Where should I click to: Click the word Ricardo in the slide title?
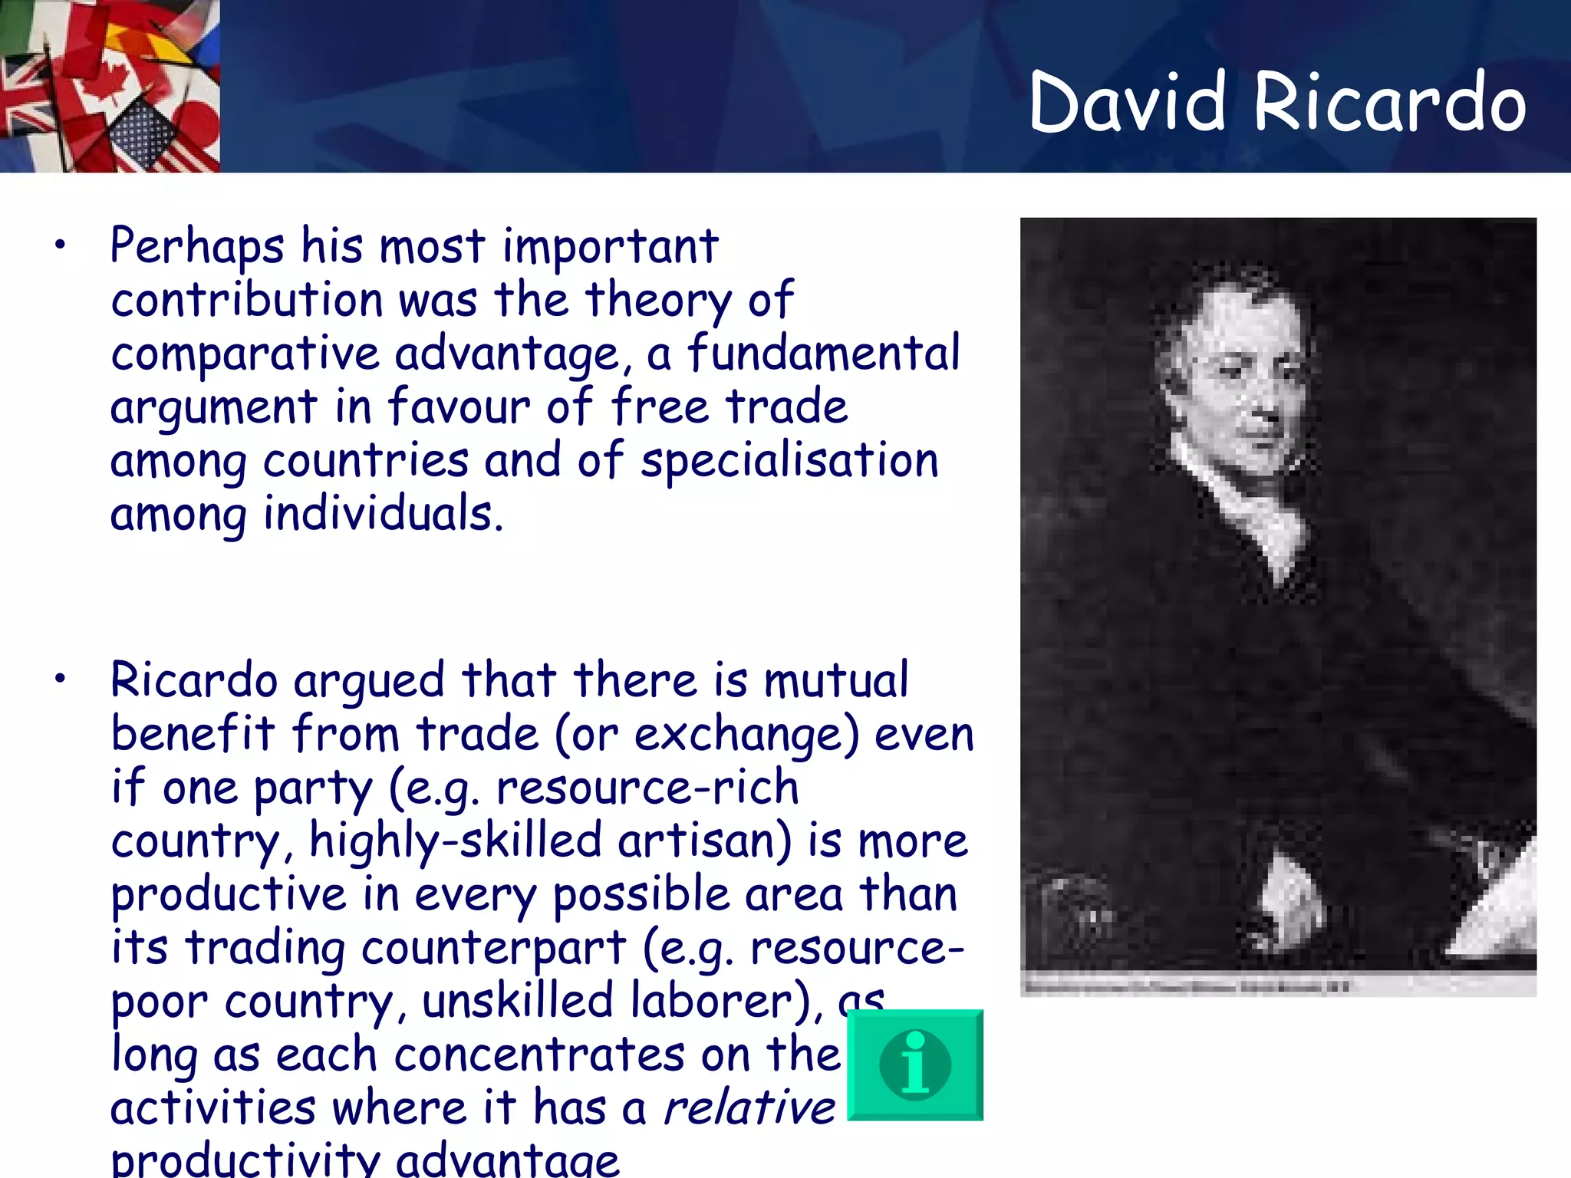(1389, 103)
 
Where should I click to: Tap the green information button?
(915, 1065)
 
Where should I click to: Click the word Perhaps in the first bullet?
(197, 247)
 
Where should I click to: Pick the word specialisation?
(789, 462)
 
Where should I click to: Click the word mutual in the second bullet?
(836, 680)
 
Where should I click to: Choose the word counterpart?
(493, 949)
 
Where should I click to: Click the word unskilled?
(519, 1002)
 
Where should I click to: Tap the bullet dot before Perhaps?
(60, 246)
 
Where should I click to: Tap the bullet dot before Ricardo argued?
(60, 679)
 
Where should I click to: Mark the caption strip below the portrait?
(1277, 986)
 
